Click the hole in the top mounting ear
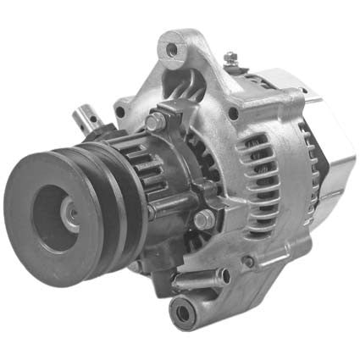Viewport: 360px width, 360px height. [173, 50]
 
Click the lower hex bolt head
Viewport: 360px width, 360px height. [203, 220]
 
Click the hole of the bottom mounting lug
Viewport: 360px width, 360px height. [183, 314]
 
